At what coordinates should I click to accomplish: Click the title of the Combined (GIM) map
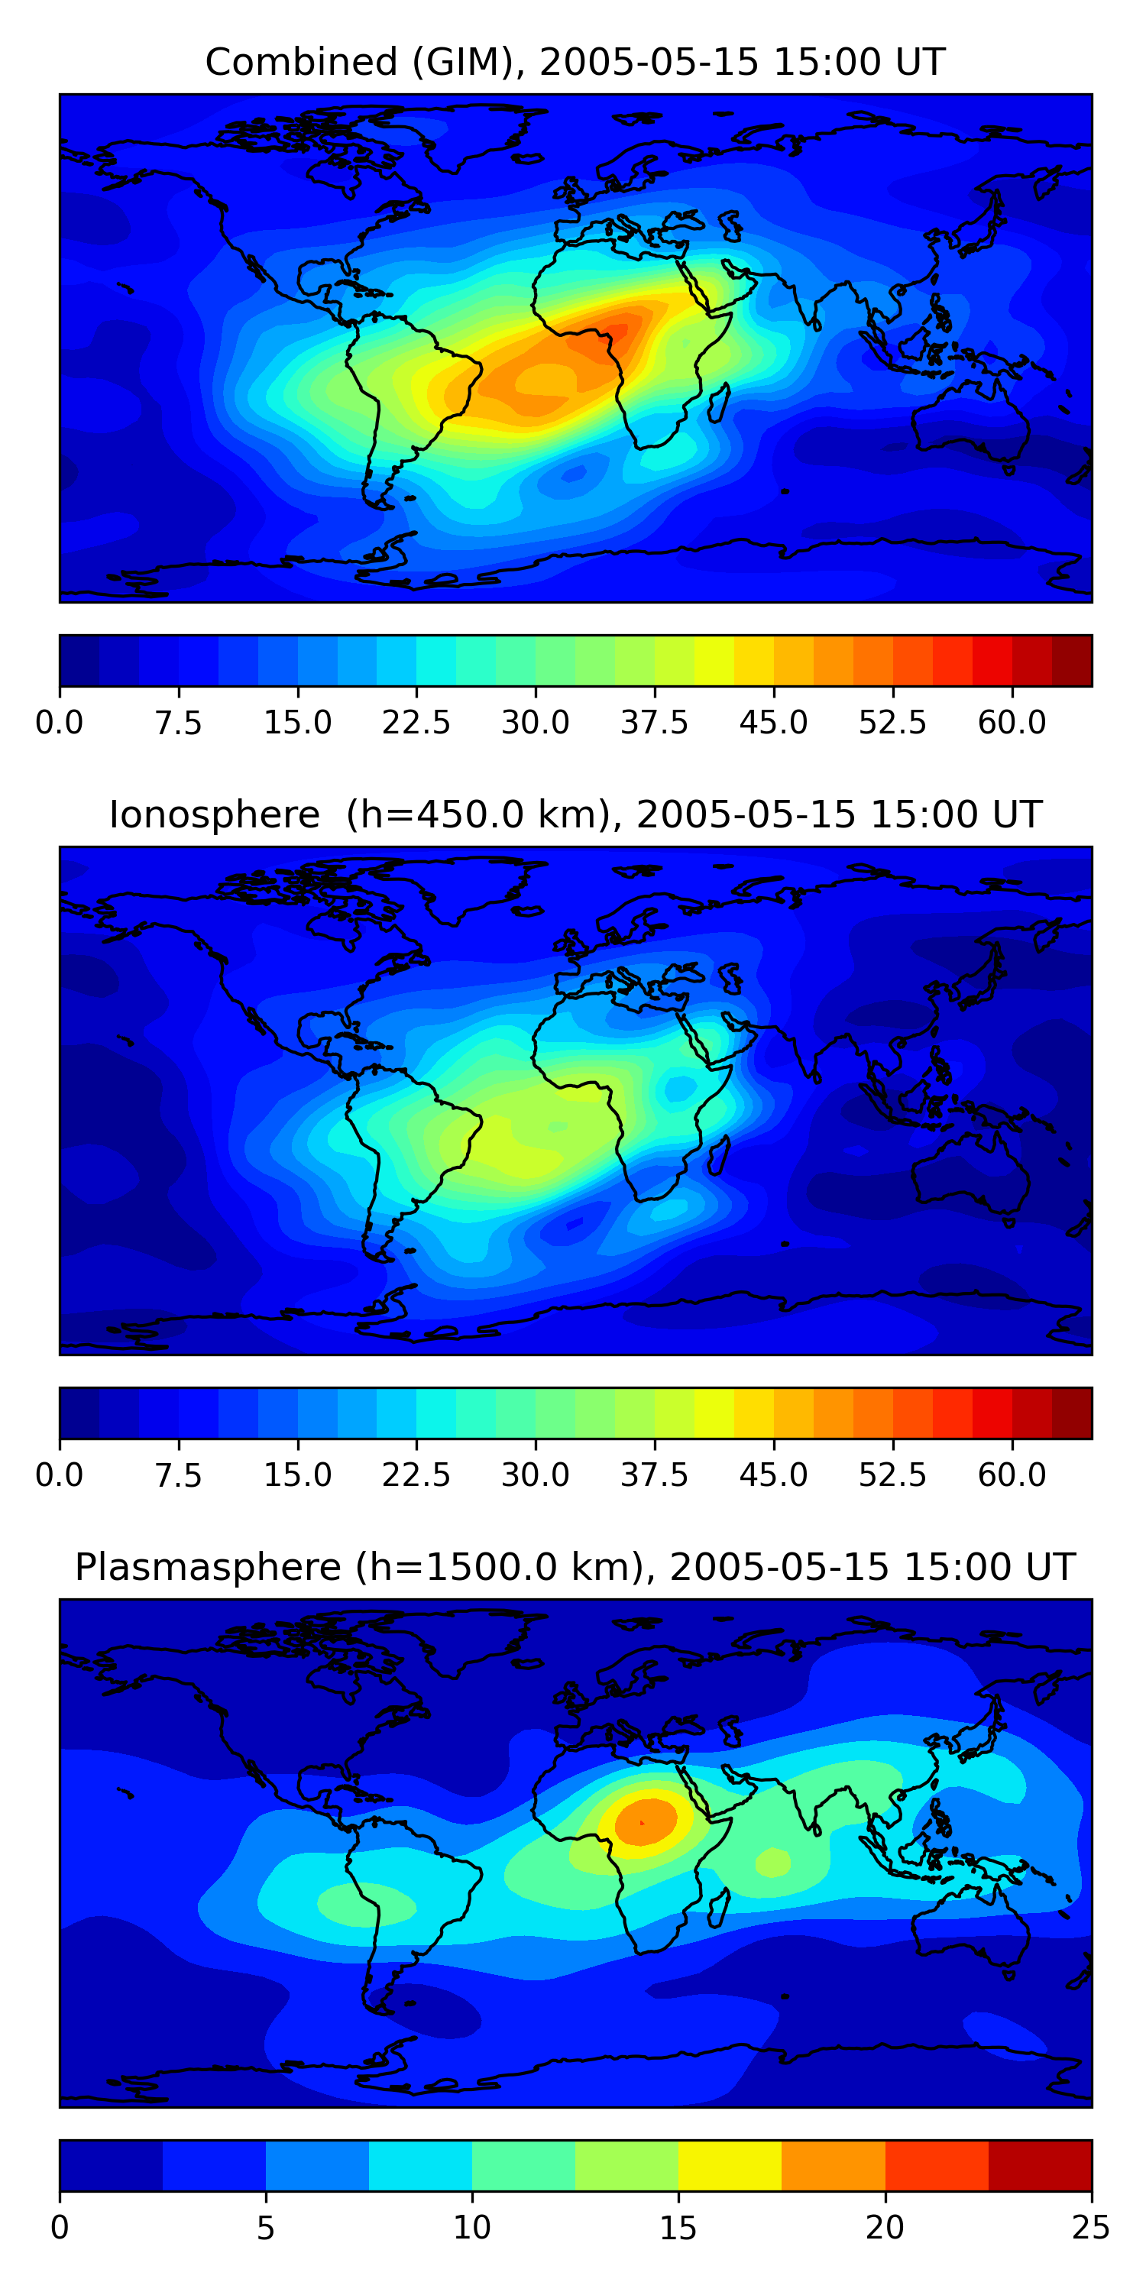[x=575, y=63]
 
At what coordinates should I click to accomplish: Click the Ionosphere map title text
[x=575, y=815]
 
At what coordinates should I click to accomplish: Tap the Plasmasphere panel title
[x=575, y=1567]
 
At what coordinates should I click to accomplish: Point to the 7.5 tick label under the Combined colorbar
[x=179, y=723]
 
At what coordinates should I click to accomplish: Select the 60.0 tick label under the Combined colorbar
[x=1012, y=723]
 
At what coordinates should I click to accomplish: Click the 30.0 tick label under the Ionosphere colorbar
[x=536, y=1475]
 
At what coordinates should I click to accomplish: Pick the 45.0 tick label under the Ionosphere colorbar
[x=773, y=1475]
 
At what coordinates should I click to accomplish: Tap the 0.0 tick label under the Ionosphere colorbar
[x=60, y=1475]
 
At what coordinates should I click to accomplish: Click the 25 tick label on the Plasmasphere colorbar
[x=1091, y=2228]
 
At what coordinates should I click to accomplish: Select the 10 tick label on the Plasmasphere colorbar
[x=471, y=2228]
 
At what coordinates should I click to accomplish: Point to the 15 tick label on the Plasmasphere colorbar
[x=678, y=2228]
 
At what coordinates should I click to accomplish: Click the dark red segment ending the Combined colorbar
[x=1071, y=661]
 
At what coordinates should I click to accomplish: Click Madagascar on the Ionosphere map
[x=720, y=1155]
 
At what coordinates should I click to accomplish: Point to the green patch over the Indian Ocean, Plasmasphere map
[x=772, y=1863]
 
